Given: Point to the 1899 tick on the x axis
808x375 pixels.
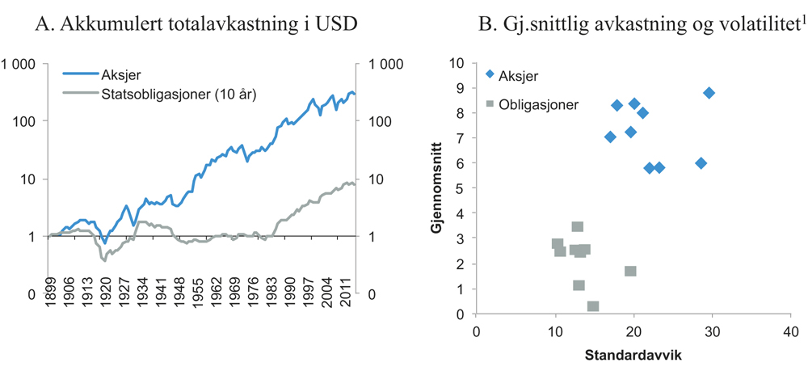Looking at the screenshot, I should click(51, 319).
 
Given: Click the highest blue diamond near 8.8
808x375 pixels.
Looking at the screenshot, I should click(709, 93).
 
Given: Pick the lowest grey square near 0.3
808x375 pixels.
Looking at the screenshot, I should click(593, 306).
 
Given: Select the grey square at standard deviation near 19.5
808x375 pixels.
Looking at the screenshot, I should click(630, 271).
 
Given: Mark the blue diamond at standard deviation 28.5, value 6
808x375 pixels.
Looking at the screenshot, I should click(701, 163).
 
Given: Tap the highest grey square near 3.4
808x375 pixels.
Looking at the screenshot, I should click(578, 227).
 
